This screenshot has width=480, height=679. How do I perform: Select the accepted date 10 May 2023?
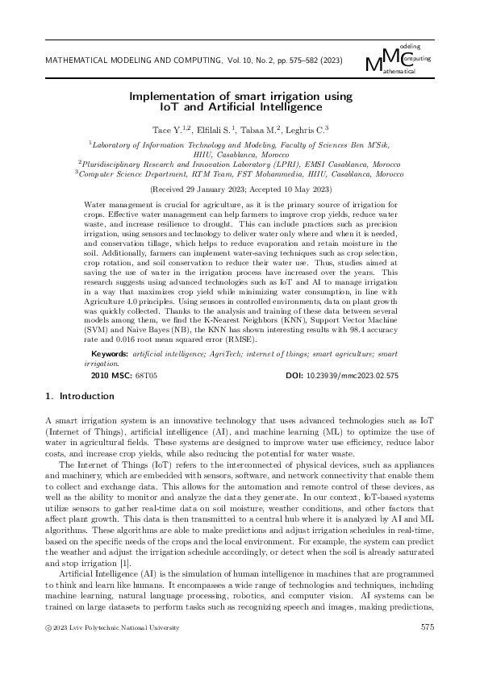tap(303, 189)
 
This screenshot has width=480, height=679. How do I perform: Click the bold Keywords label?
tap(111, 354)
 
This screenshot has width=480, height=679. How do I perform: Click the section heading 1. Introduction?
tap(79, 396)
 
